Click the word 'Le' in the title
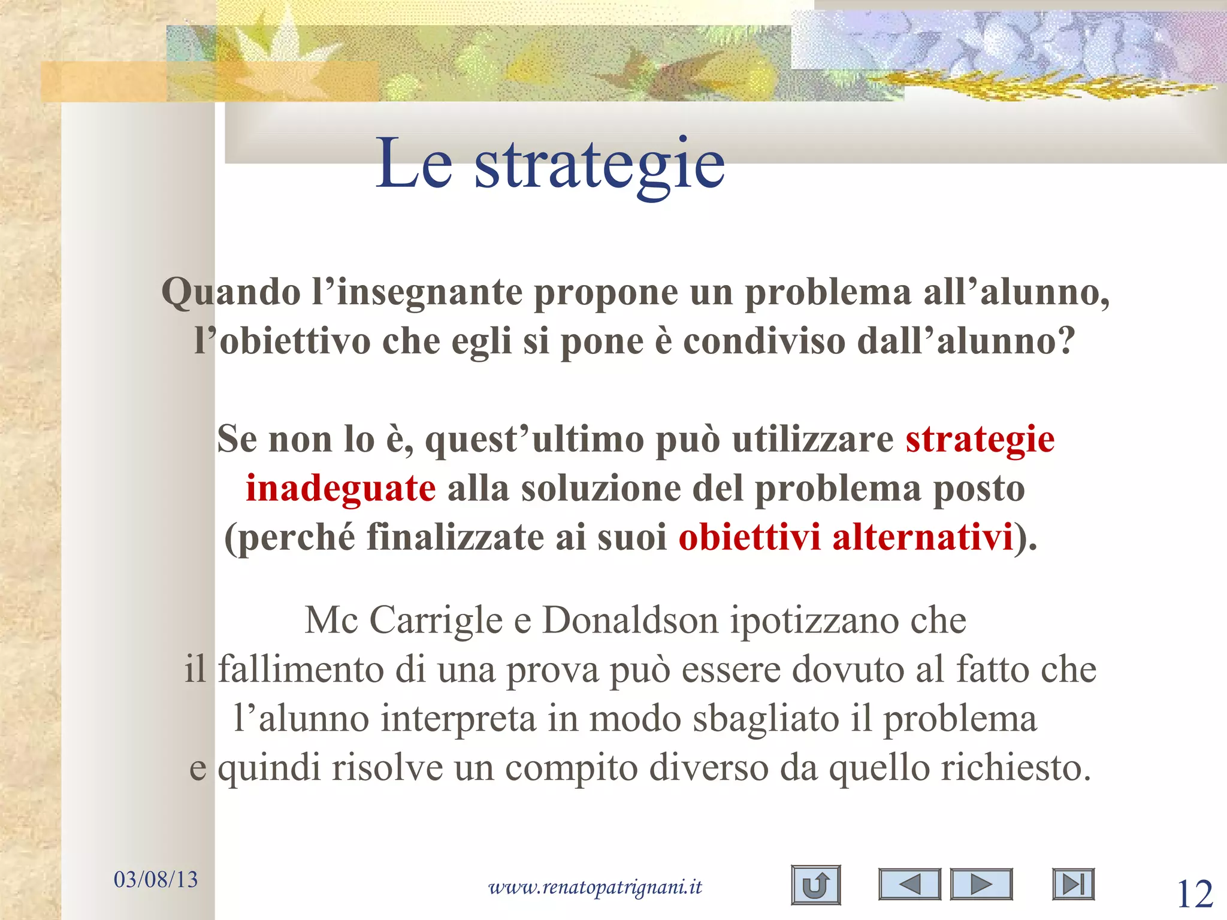[x=413, y=163]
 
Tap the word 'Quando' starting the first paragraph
[x=231, y=293]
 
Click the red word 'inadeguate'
[x=340, y=488]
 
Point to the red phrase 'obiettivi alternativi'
[x=845, y=537]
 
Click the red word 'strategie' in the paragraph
[x=980, y=440]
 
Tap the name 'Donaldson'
[x=630, y=621]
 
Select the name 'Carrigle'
[x=436, y=621]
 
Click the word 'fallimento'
[x=300, y=670]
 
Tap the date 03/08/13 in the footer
[x=155, y=880]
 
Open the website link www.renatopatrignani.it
[x=595, y=887]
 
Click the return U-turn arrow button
[x=815, y=885]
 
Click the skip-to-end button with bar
[x=1073, y=885]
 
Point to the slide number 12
[x=1195, y=895]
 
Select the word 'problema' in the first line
[x=827, y=293]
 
